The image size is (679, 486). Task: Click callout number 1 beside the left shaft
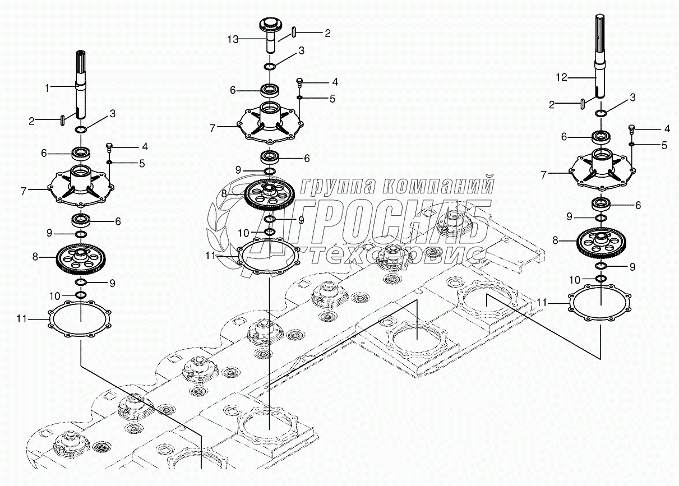pos(48,87)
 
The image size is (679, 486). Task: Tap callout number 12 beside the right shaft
pos(561,78)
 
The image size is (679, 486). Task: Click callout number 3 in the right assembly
pos(632,98)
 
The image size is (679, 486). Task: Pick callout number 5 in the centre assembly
pos(332,98)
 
